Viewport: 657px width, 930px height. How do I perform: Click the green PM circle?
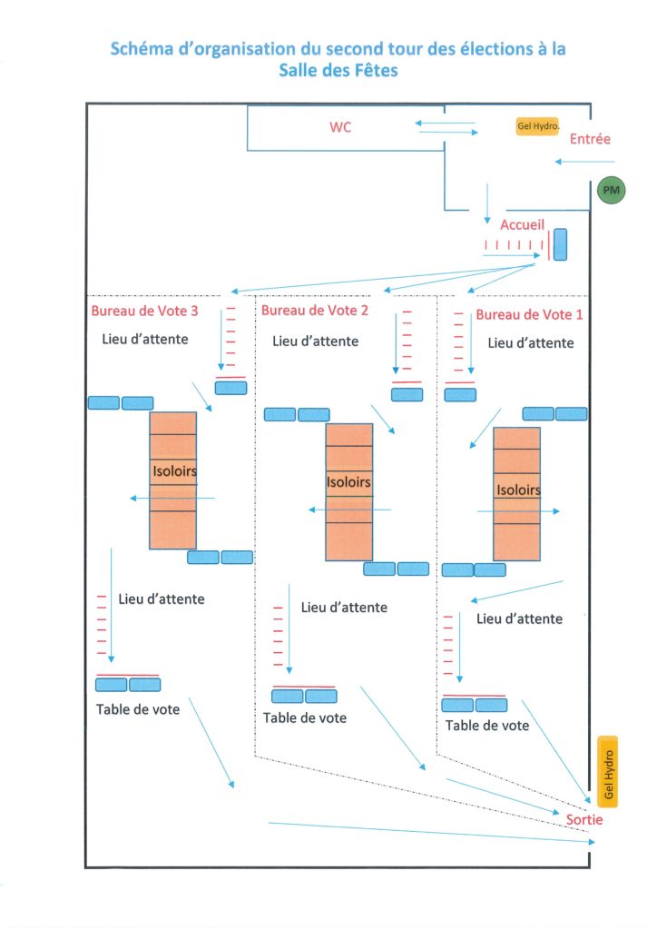point(611,191)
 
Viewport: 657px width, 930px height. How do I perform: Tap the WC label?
point(340,127)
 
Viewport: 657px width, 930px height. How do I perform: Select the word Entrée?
point(590,139)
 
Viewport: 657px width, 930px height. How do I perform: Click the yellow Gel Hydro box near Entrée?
point(537,125)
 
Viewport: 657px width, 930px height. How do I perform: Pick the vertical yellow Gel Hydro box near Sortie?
point(608,772)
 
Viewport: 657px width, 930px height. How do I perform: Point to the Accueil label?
point(522,225)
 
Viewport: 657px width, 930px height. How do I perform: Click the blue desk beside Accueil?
point(560,244)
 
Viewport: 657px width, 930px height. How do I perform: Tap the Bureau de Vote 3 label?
point(144,311)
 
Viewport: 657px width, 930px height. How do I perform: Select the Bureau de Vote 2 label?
point(315,311)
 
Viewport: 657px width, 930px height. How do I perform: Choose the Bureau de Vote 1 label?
point(529,314)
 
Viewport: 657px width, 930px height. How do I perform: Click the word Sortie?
point(584,820)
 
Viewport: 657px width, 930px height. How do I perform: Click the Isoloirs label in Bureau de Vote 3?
point(174,471)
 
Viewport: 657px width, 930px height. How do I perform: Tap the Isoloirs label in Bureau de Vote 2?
point(348,482)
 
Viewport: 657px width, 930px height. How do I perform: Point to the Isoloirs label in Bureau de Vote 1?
point(518,490)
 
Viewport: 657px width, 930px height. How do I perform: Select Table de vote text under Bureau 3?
point(137,709)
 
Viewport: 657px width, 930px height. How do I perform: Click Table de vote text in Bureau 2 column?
point(305,717)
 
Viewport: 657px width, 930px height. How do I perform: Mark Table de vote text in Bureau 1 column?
point(487,726)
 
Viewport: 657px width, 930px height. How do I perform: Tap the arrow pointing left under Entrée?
point(584,162)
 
